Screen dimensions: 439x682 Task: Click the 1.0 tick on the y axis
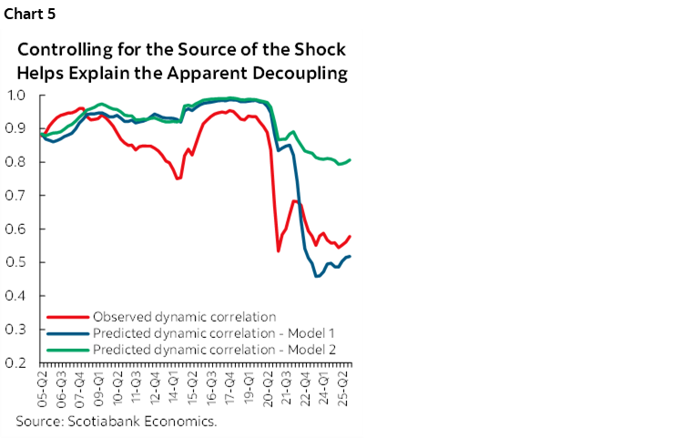coord(16,95)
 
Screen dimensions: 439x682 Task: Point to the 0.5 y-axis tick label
coord(16,262)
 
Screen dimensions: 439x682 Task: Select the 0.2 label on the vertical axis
coord(16,362)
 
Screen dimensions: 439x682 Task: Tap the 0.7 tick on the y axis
coord(16,195)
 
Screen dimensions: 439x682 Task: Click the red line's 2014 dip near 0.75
coord(178,179)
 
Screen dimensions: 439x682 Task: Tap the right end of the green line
coord(351,159)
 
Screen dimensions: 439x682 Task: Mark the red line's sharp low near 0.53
coord(278,250)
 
